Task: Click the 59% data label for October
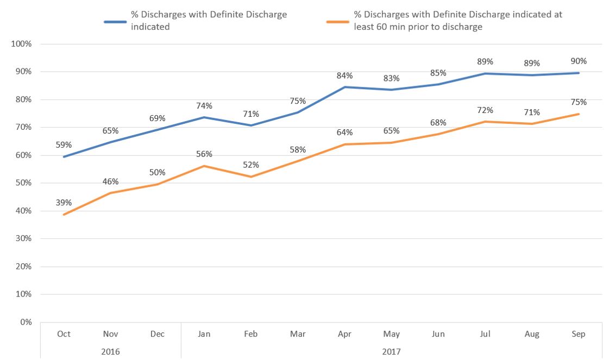[x=64, y=144]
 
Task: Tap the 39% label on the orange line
[x=64, y=203]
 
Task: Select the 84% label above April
[x=344, y=75]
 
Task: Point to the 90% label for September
[x=579, y=61]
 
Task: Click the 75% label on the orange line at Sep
[x=579, y=102]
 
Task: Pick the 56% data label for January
[x=204, y=154]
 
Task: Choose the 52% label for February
[x=251, y=165]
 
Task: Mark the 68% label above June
[x=438, y=122]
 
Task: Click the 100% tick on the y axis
[x=21, y=44]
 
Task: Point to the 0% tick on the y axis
[x=26, y=322]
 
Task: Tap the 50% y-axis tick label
[x=23, y=183]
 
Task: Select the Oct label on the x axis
[x=64, y=334]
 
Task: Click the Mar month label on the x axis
[x=298, y=334]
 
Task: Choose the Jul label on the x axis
[x=485, y=334]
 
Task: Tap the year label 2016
[x=110, y=351]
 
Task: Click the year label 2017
[x=391, y=351]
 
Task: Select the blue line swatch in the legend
[x=115, y=21]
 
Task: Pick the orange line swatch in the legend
[x=337, y=21]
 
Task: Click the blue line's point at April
[x=344, y=87]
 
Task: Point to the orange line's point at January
[x=204, y=166]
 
